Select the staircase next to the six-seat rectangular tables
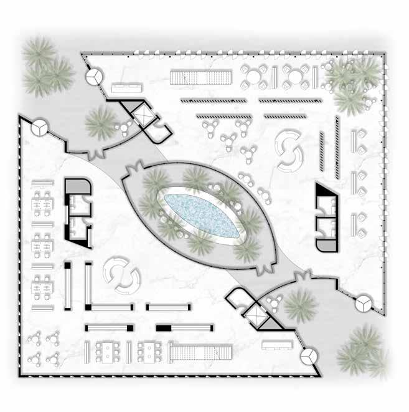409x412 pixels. [194, 354]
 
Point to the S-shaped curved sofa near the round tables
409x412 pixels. [289, 150]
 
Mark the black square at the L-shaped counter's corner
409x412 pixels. [89, 307]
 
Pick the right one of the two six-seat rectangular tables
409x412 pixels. [149, 352]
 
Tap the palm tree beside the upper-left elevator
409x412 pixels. [100, 121]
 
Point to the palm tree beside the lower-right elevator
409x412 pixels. [299, 305]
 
